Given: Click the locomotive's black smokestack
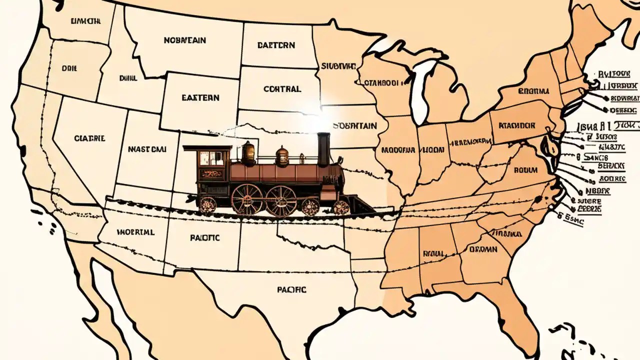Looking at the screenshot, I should (x=323, y=149).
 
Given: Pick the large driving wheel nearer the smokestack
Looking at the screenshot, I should (x=281, y=200).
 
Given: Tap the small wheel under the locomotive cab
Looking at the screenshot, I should (x=207, y=204).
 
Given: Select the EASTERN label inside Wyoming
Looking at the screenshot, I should (x=200, y=98).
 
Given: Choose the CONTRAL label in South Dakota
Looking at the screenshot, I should (x=282, y=89).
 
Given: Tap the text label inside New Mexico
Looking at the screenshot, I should (x=204, y=238).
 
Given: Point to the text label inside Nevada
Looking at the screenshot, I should (x=89, y=138).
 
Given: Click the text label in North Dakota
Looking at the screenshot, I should (x=276, y=45).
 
